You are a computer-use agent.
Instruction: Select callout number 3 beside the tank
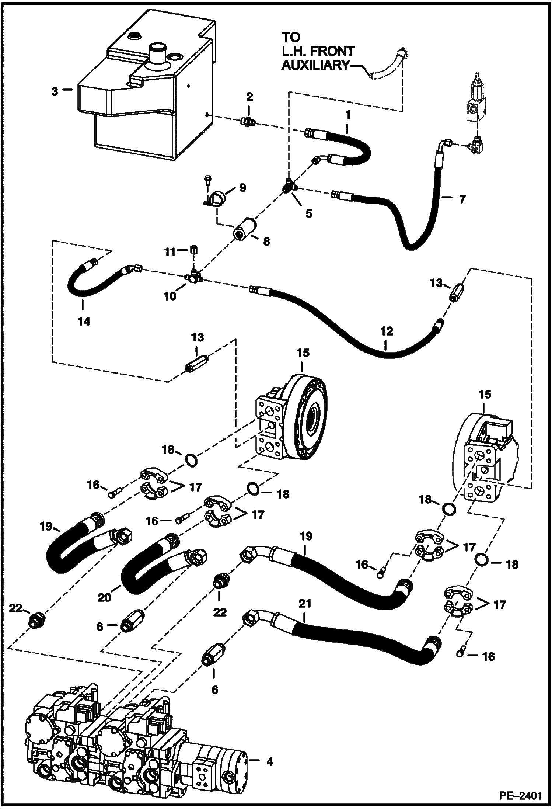click(55, 91)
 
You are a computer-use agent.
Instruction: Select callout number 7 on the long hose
click(462, 199)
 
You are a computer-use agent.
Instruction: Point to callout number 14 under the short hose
click(84, 321)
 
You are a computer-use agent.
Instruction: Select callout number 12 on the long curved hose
click(387, 331)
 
